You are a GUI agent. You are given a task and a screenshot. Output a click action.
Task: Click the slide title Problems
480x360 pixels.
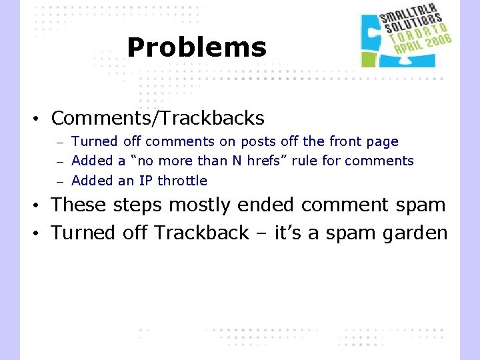tap(197, 47)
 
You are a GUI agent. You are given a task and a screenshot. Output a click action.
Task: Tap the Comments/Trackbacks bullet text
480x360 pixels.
tap(157, 119)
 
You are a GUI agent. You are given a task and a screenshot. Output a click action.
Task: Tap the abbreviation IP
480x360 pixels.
tap(146, 181)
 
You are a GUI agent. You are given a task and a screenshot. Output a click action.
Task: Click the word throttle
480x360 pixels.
tap(182, 181)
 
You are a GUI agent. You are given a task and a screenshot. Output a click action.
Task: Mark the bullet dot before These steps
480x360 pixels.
tap(39, 205)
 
